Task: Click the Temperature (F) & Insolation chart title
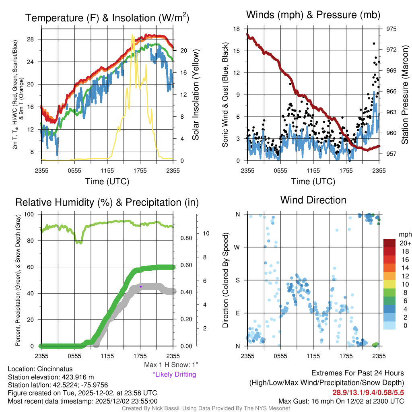107,18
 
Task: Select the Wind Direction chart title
313,200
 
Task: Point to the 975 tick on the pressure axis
391,29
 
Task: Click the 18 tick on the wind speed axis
237,29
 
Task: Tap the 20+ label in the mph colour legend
404,243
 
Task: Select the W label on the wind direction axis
237,247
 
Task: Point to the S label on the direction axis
238,280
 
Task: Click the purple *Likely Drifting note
174,374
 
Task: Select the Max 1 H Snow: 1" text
171,365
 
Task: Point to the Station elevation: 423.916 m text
51,377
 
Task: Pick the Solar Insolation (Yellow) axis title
196,95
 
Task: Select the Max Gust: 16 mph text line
341,401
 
